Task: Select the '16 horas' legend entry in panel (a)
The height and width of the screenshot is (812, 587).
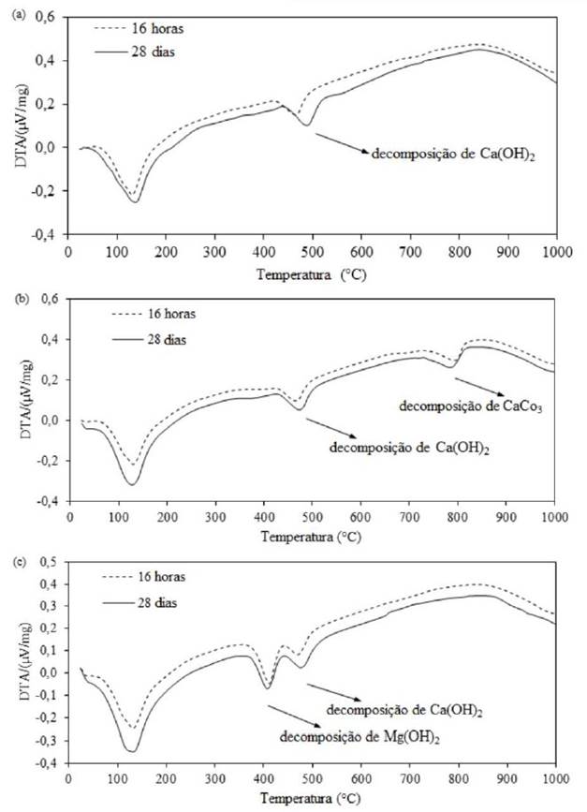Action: tap(151, 31)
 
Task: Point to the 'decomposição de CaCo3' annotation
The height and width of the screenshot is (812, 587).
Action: tap(458, 406)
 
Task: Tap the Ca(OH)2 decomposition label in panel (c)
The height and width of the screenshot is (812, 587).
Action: tap(404, 713)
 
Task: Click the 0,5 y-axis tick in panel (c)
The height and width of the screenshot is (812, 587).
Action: tap(46, 561)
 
